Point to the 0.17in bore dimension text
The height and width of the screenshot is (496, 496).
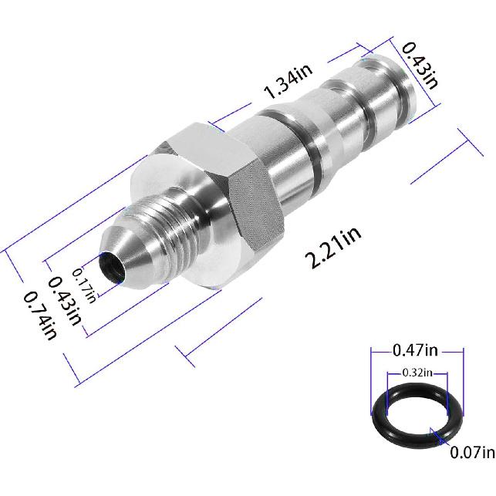(x=83, y=284)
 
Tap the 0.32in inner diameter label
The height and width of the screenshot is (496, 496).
(x=417, y=372)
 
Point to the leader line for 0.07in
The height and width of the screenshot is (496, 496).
(x=450, y=443)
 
